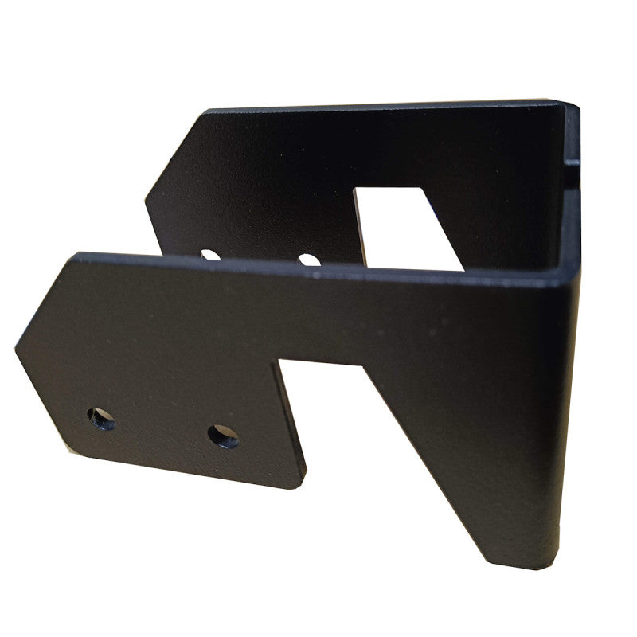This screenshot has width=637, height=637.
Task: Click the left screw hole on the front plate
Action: click(101, 418)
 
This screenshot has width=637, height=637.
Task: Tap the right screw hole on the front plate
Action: click(223, 436)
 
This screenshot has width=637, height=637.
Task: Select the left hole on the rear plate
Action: click(210, 255)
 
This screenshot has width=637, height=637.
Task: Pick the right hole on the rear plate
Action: click(309, 260)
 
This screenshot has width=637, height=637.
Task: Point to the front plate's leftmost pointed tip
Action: click(17, 347)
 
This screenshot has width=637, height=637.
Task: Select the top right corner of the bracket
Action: click(575, 104)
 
